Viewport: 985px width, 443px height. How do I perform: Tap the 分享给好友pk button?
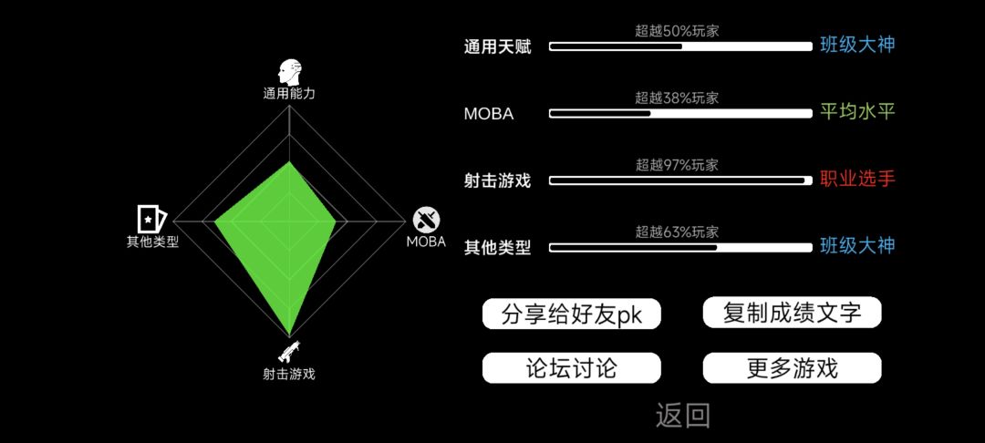point(571,314)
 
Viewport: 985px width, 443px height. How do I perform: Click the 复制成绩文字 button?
point(793,312)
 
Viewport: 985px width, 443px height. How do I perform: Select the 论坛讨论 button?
point(571,367)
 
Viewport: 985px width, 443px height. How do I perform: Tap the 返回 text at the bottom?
point(683,416)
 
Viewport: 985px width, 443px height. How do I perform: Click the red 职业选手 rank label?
point(856,179)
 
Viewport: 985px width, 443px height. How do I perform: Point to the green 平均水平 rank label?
point(856,112)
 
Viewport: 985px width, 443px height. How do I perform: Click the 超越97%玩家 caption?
point(677,165)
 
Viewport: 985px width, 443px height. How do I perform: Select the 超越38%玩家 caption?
point(677,98)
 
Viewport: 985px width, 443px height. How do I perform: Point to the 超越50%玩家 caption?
point(677,31)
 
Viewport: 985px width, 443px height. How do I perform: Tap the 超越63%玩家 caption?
point(677,232)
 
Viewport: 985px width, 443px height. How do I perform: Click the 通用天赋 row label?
point(498,47)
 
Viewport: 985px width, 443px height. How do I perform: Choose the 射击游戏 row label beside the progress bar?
point(498,181)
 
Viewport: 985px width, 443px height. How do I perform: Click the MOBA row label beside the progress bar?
point(489,114)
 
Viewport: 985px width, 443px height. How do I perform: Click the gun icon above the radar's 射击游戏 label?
point(289,353)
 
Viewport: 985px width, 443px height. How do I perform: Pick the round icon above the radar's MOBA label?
point(426,220)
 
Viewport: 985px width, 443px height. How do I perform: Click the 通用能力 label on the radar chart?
point(289,94)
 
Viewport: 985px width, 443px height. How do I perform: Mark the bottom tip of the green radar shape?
point(289,335)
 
